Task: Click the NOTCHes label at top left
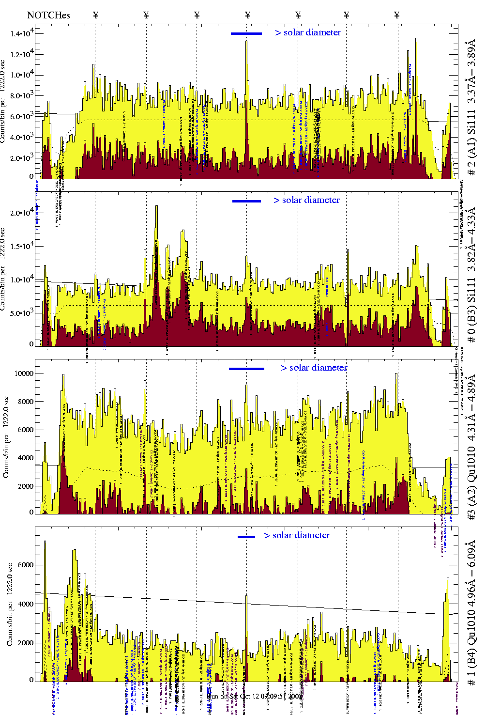tap(48, 15)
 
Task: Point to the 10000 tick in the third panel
tap(24, 373)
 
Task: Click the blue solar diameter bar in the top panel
tap(246, 33)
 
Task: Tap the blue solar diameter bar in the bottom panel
tap(246, 537)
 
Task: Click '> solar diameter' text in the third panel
tap(314, 368)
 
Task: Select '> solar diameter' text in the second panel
tap(306, 200)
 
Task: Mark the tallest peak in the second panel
tap(156, 207)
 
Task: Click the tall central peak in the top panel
tap(246, 42)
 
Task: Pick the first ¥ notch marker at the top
tap(96, 15)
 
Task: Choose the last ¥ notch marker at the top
tap(397, 15)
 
